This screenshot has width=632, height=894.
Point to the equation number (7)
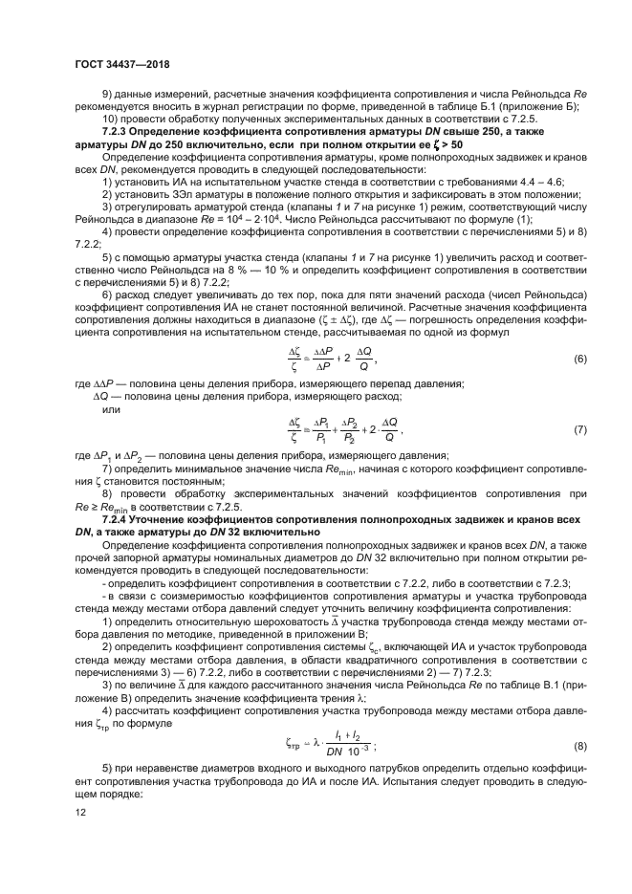[579, 431]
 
